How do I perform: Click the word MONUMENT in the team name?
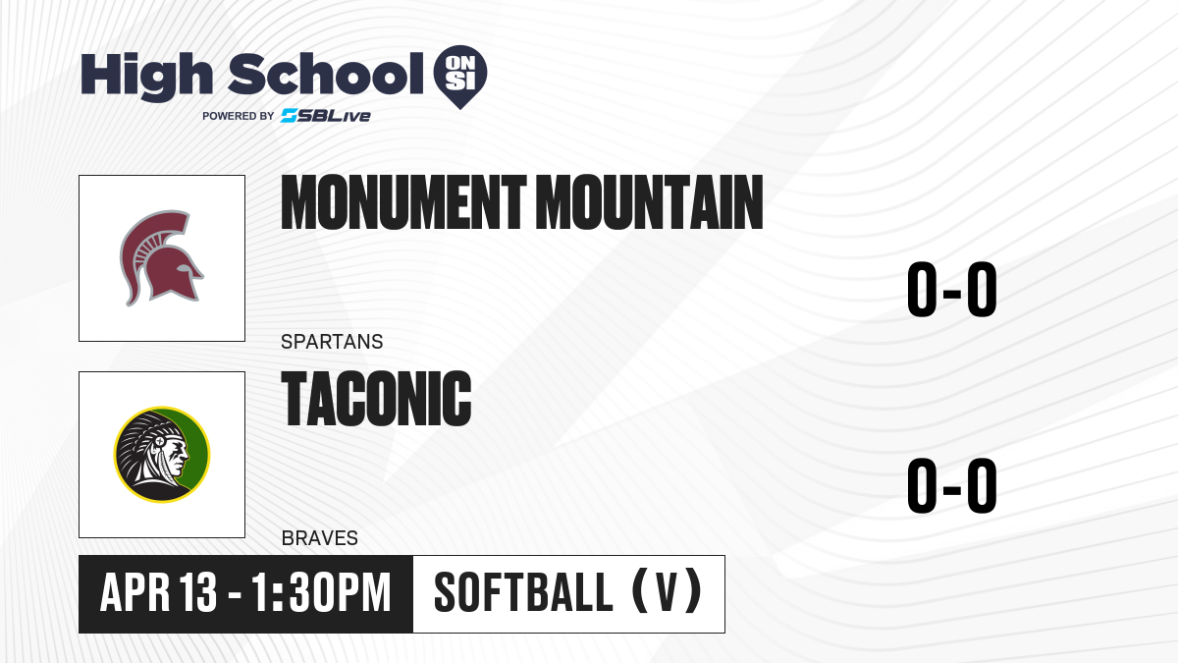click(x=403, y=202)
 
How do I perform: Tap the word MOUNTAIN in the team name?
click(x=650, y=202)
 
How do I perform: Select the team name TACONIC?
click(x=377, y=398)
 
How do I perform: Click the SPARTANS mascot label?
click(x=332, y=342)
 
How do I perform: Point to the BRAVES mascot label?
click(x=320, y=538)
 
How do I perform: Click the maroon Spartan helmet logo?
click(x=161, y=257)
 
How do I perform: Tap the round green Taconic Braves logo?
click(x=162, y=454)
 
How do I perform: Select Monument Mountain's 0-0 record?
click(x=952, y=289)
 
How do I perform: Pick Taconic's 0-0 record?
click(x=952, y=485)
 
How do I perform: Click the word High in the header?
click(x=147, y=76)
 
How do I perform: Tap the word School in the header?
click(x=326, y=74)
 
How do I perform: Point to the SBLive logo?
click(x=326, y=116)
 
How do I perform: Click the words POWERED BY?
click(x=239, y=116)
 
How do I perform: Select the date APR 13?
click(x=158, y=592)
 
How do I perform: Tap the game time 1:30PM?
click(x=321, y=592)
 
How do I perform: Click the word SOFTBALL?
click(x=524, y=592)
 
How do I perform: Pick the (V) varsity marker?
click(x=667, y=591)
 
